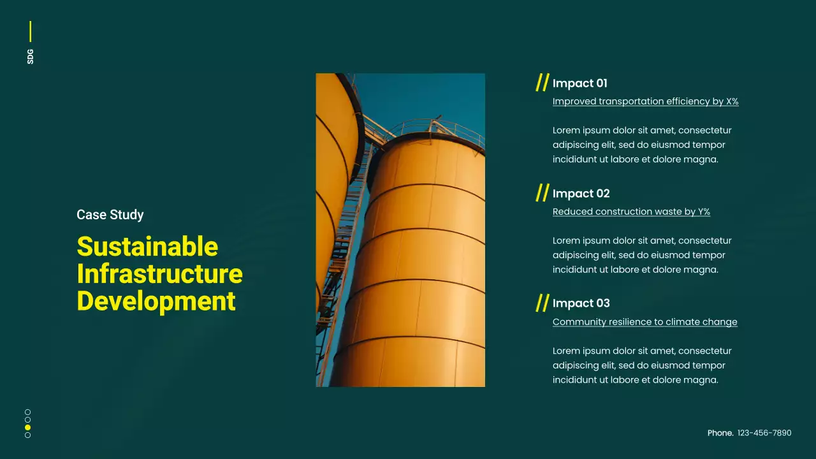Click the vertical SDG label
30,56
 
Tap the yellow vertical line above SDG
30,31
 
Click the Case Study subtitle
110,215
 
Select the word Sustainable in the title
147,247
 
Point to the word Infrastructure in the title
159,274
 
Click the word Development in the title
156,301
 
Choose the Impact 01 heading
579,84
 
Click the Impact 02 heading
581,194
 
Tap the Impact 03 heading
581,303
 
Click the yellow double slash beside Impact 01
542,82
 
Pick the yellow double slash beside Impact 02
542,193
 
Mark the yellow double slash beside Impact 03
542,302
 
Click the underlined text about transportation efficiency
645,101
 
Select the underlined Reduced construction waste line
631,212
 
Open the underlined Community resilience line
645,322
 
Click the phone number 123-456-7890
764,433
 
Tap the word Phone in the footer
720,433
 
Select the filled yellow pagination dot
27,427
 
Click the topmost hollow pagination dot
27,412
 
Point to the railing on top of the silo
440,127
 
